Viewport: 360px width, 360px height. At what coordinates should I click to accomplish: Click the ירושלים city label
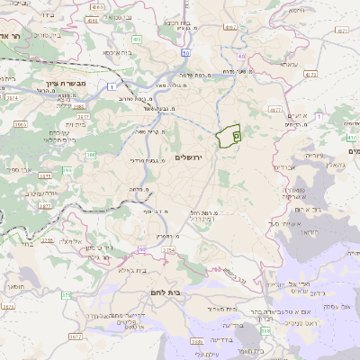click(211, 157)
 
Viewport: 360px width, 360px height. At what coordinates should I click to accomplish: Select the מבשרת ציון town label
click(38, 83)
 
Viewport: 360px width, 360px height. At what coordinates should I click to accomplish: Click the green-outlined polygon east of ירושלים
click(230, 135)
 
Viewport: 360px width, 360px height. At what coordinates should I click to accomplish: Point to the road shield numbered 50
click(184, 54)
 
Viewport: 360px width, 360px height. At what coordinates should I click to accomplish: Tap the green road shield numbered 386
click(91, 156)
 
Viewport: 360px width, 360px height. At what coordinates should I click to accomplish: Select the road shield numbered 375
click(66, 294)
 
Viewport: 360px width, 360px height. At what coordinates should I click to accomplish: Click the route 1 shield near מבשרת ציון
click(110, 86)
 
